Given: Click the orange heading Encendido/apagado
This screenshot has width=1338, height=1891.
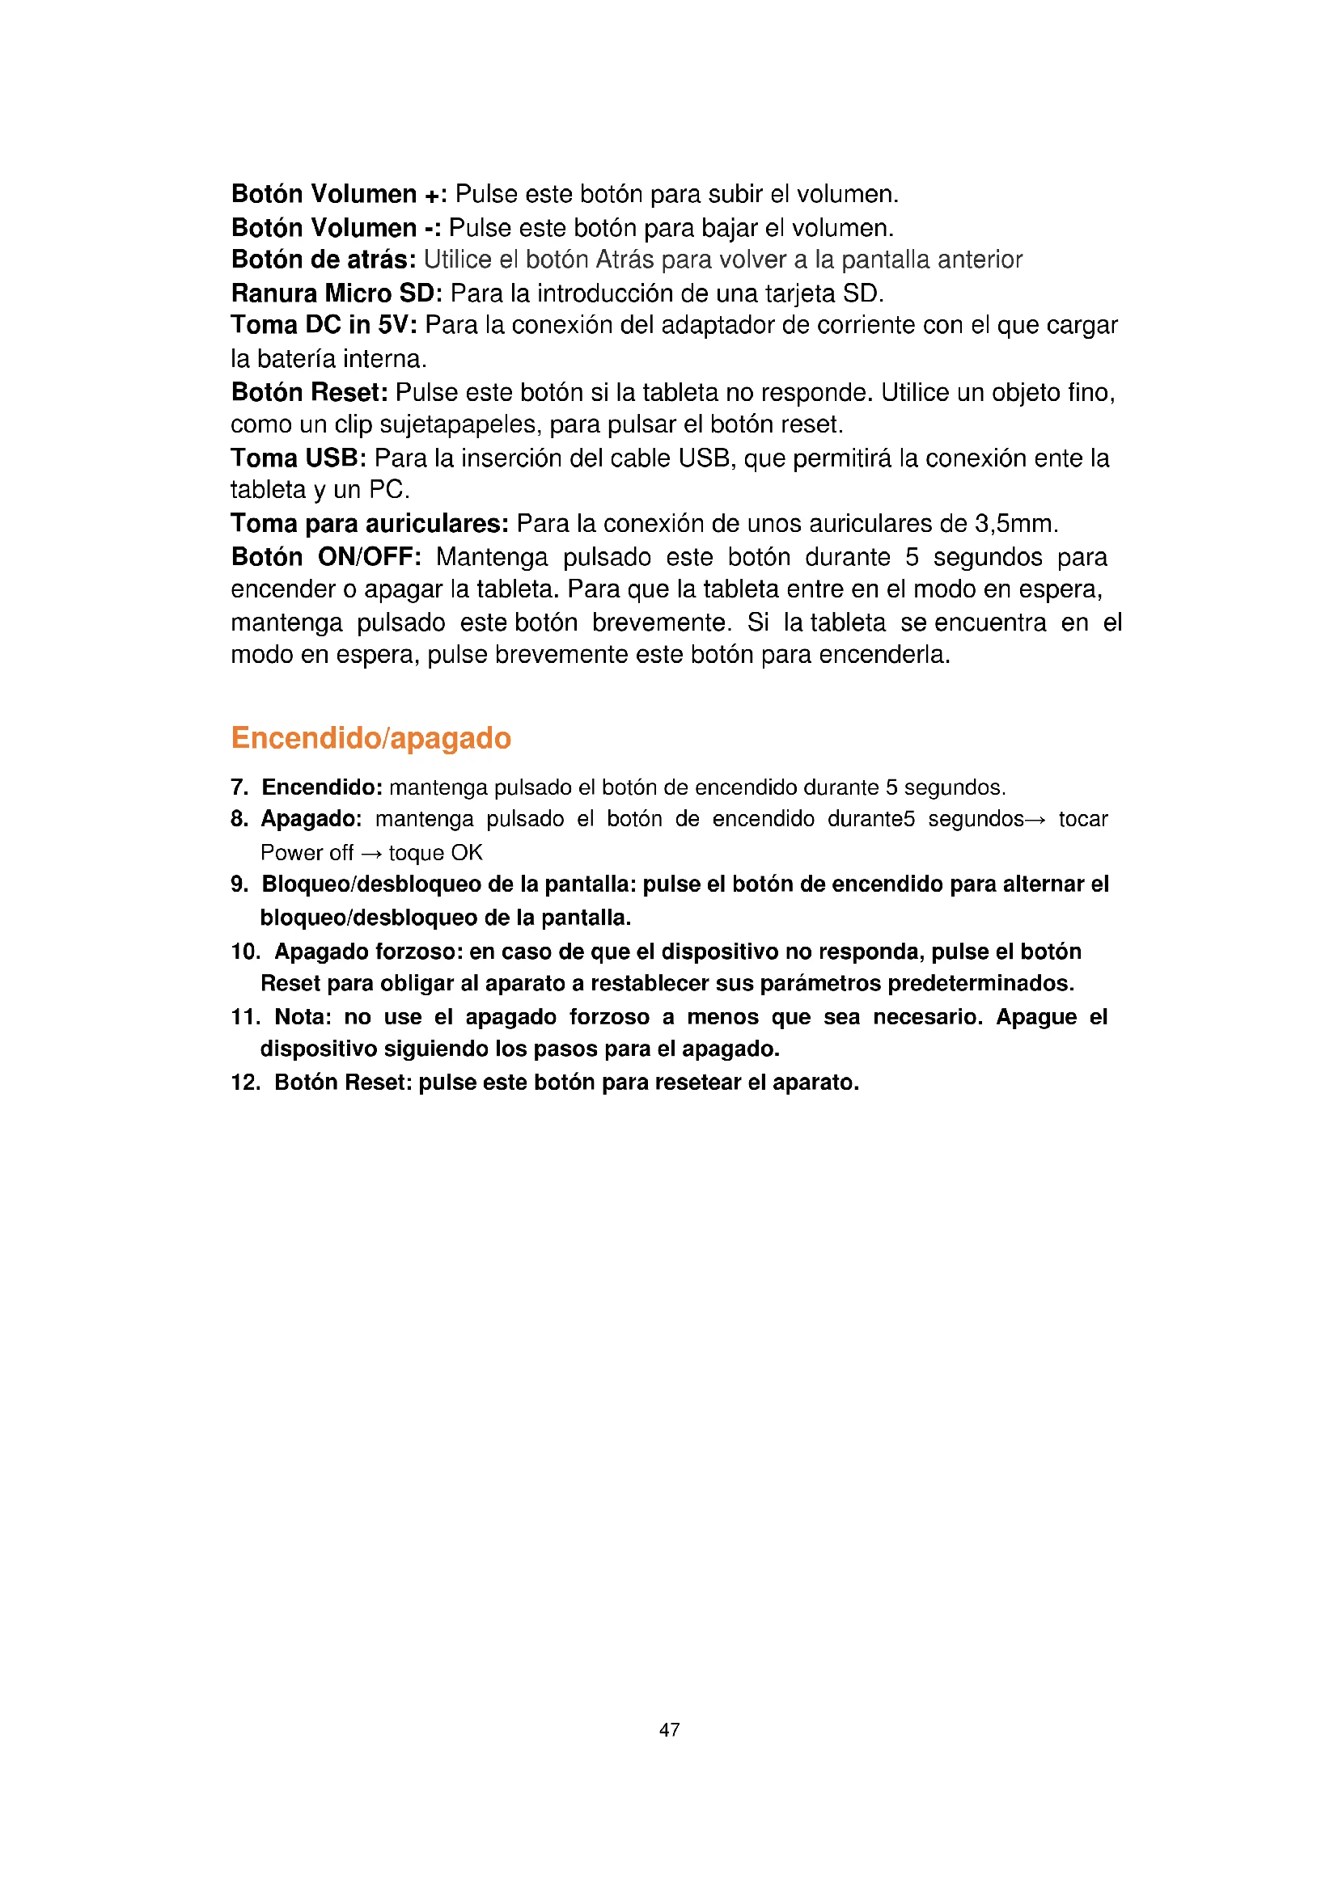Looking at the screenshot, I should pos(370,738).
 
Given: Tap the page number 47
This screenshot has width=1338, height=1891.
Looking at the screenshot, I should pos(669,1729).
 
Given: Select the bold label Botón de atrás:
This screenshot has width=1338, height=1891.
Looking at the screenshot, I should pos(324,260).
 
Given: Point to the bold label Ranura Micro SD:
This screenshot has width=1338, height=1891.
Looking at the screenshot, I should pos(337,293).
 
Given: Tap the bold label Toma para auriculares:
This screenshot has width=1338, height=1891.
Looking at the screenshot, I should pos(370,524).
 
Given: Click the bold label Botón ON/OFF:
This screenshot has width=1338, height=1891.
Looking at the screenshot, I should pos(326,558).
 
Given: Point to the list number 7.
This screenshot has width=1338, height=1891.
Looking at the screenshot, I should pos(239,787).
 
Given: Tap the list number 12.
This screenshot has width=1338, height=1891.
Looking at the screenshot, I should pos(244,1083).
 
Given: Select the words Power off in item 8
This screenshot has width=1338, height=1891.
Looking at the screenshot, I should pos(307,852).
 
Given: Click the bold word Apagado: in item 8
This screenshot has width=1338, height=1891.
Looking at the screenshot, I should pos(311,820).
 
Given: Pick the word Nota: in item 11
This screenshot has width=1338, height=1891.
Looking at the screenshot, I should pos(303,1017).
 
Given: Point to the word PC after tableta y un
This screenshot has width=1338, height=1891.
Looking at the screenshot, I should pos(387,491).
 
